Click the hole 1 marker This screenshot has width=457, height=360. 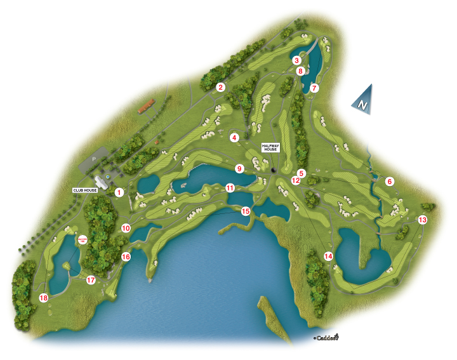point(118,192)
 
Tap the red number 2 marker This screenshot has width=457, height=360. point(220,87)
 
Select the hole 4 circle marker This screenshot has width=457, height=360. point(234,137)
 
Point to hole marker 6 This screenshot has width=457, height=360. point(390,182)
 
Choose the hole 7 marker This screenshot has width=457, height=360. point(314,88)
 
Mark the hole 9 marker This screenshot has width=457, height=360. point(239,168)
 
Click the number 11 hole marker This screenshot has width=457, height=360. point(230,187)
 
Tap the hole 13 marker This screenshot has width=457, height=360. point(423,220)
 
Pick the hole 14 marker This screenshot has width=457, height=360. point(328,256)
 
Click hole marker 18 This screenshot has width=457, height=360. point(44,298)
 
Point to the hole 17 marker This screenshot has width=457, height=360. point(91,280)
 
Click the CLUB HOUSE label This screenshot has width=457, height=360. point(86,189)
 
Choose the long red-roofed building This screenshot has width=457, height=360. point(146,105)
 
